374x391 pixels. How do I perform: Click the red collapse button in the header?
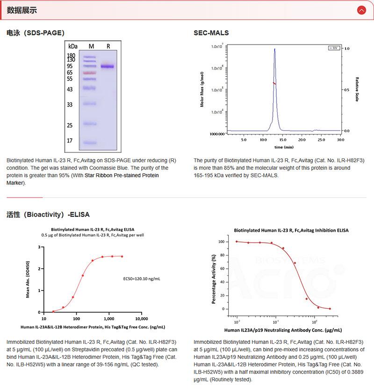[361, 10]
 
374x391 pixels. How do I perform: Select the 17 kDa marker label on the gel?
[70, 140]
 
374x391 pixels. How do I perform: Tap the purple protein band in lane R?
[107, 66]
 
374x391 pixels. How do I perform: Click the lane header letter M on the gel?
[91, 46]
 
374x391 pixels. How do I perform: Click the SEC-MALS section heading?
[211, 33]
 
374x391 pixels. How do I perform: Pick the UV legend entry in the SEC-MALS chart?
[334, 48]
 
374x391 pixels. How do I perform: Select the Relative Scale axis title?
[357, 89]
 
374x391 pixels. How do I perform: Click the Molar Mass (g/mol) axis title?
[202, 89]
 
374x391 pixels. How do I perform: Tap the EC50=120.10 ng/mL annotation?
[142, 279]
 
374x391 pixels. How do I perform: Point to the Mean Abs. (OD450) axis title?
[29, 279]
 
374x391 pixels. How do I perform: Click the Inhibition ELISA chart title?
[291, 230]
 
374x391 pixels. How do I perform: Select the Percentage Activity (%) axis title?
[214, 279]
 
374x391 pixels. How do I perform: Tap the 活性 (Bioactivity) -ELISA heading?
[48, 214]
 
